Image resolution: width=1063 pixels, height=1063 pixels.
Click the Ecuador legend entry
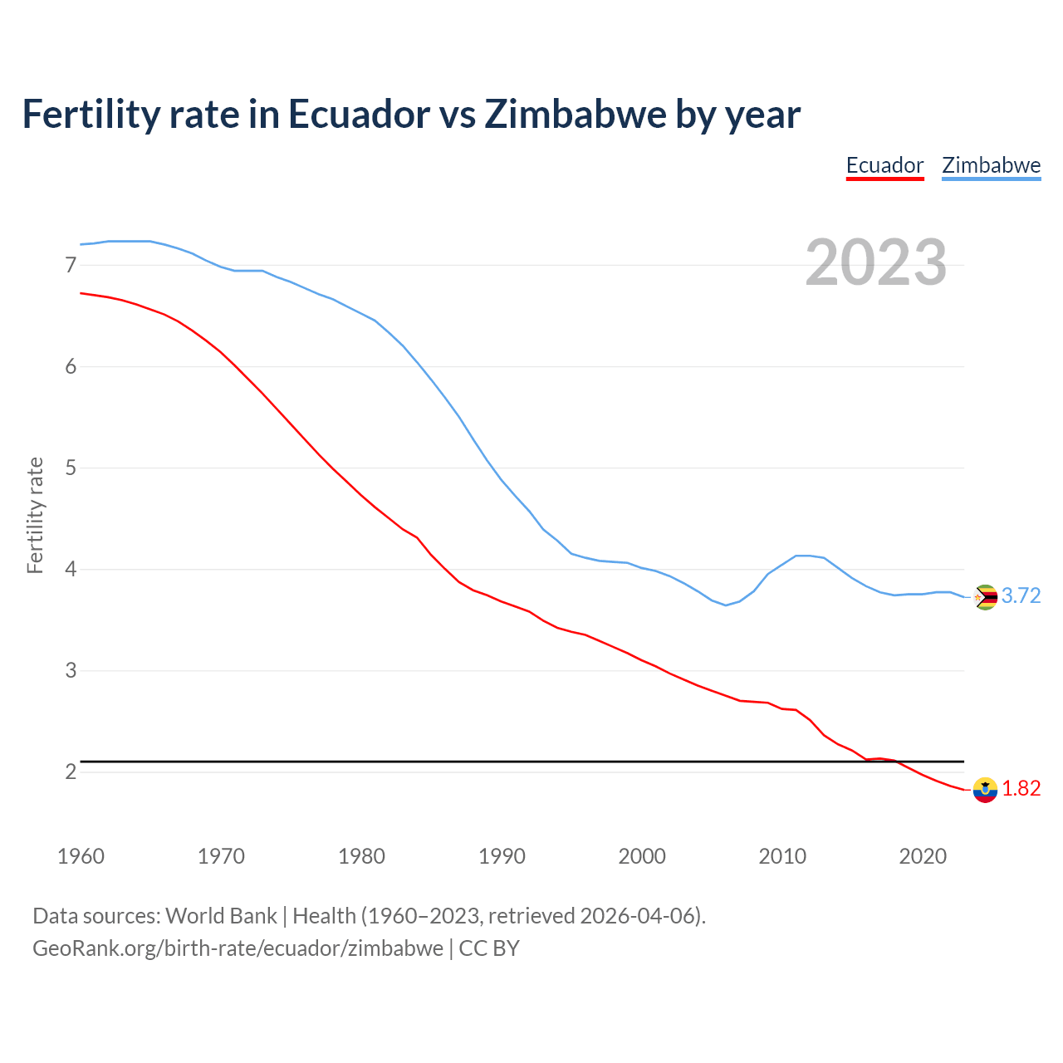pos(884,165)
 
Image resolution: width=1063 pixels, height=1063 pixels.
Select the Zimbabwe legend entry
pos(991,165)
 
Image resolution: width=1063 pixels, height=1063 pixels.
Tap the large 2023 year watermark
pos(876,262)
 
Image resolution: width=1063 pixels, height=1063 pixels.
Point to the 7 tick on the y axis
pos(71,265)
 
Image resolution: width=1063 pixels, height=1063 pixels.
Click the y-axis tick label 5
pos(71,468)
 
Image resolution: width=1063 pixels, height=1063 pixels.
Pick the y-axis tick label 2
pos(71,772)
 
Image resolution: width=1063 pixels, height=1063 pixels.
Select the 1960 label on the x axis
pos(81,856)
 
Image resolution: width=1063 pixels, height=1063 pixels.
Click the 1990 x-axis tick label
pos(502,856)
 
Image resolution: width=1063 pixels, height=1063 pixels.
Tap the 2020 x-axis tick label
pos(923,856)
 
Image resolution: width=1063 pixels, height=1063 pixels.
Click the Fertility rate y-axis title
pos(35,515)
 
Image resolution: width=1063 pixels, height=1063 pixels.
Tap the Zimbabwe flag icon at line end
pos(985,597)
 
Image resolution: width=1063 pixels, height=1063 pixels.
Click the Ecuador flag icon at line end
pos(985,790)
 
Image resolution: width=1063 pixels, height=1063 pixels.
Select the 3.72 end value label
pos(1021,596)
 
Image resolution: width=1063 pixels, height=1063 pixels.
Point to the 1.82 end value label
pos(1021,789)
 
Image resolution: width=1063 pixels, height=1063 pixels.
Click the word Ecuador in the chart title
pos(359,114)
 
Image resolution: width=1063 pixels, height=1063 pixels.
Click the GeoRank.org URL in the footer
pos(238,948)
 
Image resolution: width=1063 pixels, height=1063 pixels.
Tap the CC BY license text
pos(489,948)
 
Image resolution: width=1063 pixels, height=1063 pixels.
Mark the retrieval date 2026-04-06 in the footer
pos(637,916)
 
